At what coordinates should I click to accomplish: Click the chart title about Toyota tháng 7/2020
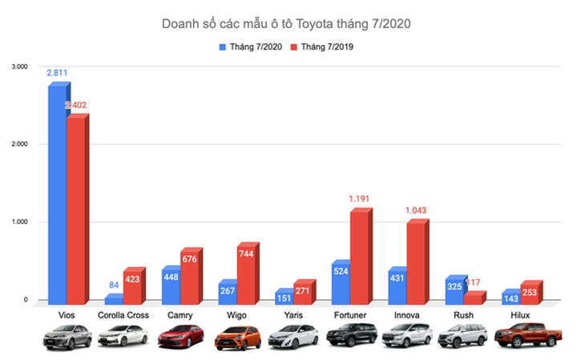(x=288, y=24)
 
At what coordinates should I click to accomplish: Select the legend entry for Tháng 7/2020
(x=248, y=46)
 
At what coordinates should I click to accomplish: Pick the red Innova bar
(x=416, y=264)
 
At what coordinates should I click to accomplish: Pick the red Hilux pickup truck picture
(x=520, y=338)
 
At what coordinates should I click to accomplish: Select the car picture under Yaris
(x=293, y=338)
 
